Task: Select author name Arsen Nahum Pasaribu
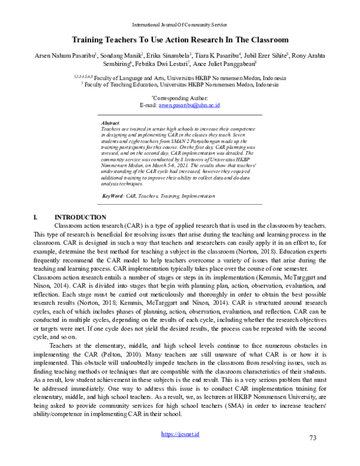pos(67,55)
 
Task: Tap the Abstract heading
pos(111,122)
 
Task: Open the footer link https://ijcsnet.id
pos(180,450)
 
